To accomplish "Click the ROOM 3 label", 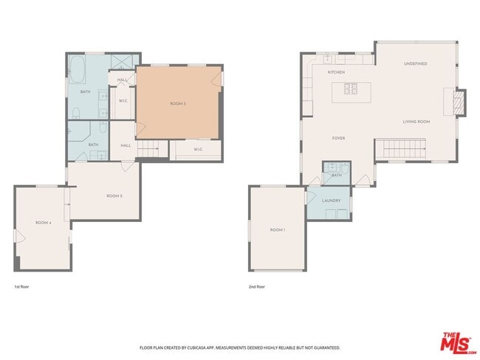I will [178, 104].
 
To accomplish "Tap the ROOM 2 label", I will [114, 195].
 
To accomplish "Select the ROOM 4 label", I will [44, 222].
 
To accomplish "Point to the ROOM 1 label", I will [277, 230].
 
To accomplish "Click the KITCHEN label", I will [336, 72].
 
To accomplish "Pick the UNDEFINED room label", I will [415, 63].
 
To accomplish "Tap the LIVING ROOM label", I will [416, 121].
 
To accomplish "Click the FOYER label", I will [338, 138].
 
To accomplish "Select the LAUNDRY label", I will [331, 201].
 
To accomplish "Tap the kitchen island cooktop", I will [352, 91].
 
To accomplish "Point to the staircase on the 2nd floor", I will [398, 149].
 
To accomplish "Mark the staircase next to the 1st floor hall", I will [150, 150].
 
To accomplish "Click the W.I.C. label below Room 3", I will [198, 150].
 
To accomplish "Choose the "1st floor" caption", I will [22, 286].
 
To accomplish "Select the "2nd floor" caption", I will [256, 286].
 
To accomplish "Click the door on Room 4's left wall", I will [18, 238].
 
